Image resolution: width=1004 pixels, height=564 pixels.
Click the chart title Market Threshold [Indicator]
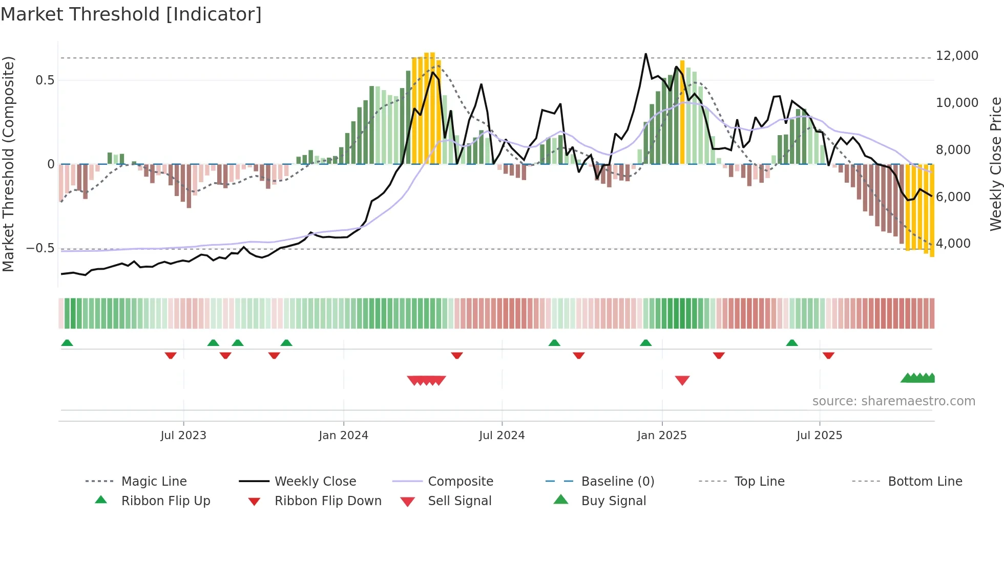(131, 14)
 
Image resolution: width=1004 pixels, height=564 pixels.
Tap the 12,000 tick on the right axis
(956, 55)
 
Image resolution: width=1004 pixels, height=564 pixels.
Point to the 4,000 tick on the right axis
(953, 243)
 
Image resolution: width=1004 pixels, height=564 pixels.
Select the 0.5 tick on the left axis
(45, 80)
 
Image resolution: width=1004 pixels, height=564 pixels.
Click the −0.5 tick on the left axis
(40, 248)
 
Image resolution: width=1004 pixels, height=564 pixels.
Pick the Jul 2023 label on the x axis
(183, 435)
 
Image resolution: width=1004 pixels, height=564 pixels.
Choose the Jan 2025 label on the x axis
(661, 435)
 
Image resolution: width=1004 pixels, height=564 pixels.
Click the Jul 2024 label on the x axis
(501, 435)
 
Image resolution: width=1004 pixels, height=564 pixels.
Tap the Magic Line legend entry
(154, 481)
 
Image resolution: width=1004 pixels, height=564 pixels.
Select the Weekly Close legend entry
(315, 481)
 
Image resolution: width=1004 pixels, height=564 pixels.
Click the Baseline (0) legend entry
(617, 481)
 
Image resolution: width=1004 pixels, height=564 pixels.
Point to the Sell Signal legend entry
(459, 501)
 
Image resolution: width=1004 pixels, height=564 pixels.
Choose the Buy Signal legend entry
(613, 501)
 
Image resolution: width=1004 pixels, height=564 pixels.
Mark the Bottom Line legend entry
(925, 481)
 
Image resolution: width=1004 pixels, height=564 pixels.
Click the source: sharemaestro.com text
(893, 401)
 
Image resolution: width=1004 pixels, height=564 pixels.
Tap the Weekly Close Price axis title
(995, 164)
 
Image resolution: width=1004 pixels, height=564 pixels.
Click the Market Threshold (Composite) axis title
(8, 164)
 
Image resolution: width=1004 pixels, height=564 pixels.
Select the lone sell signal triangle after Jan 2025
(682, 380)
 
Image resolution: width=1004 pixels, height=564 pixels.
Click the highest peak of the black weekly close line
(645, 54)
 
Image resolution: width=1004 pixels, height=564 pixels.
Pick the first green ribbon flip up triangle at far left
(67, 343)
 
